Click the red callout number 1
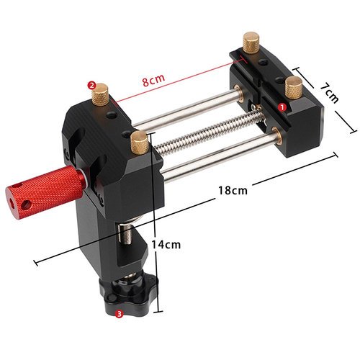(282, 105)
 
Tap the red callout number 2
(91, 84)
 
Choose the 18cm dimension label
(232, 191)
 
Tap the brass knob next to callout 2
(103, 93)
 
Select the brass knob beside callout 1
(293, 89)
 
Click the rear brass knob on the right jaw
(252, 42)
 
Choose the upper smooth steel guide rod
(187, 108)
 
